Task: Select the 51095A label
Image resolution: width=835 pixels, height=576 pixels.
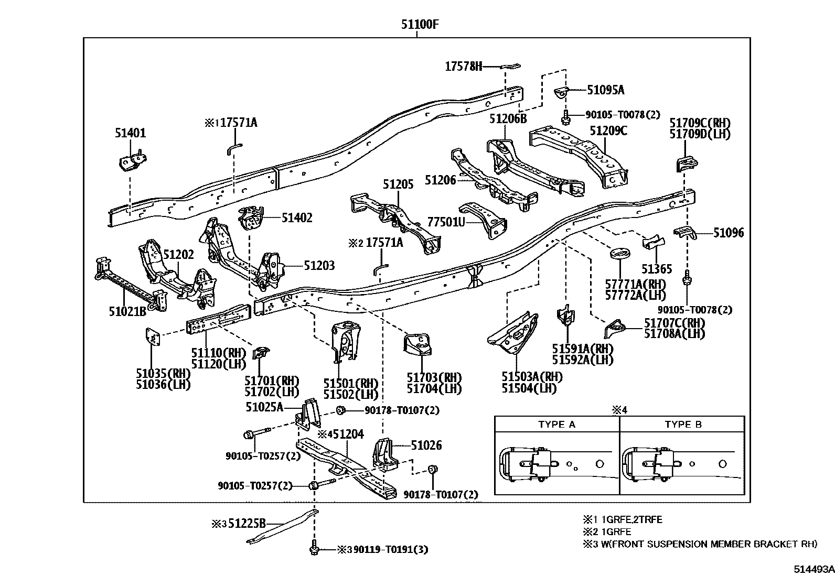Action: tap(605, 90)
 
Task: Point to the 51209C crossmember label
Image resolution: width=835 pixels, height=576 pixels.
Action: tap(608, 131)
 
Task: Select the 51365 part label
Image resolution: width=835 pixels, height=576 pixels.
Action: tap(656, 269)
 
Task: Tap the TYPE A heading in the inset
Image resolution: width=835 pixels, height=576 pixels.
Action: tap(556, 425)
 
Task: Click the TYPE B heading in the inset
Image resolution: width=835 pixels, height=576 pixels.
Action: tap(683, 425)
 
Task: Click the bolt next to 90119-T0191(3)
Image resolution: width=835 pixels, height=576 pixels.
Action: tap(314, 549)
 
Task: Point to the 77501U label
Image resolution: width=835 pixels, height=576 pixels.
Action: tap(446, 222)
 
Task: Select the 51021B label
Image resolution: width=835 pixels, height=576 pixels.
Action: tap(127, 311)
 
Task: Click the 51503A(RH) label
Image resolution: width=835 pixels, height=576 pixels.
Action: tap(532, 377)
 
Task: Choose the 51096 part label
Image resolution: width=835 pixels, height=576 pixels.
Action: tap(728, 233)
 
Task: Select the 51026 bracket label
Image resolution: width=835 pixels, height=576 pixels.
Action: tap(426, 445)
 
